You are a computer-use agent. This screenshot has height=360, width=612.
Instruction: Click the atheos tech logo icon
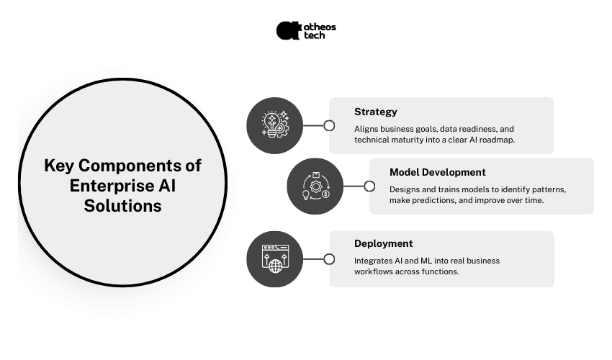tap(289, 30)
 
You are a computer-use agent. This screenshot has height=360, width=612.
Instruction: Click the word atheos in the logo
tap(320, 27)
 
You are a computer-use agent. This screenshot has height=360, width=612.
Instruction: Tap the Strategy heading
tap(375, 112)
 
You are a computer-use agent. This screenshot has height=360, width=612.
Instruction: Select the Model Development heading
tap(437, 172)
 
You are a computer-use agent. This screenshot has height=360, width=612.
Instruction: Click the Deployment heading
tap(383, 243)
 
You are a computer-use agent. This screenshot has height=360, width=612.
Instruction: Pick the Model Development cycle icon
tap(315, 186)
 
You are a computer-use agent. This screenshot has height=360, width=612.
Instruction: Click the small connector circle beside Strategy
tap(329, 125)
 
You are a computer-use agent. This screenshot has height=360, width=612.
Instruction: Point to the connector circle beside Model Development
tap(369, 186)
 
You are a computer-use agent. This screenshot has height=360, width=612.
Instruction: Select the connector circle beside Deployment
tap(329, 259)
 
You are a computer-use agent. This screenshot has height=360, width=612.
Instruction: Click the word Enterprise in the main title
tap(109, 186)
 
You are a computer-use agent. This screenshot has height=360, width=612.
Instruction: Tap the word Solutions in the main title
tap(122, 206)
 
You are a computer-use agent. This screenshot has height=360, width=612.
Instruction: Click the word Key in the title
tap(58, 166)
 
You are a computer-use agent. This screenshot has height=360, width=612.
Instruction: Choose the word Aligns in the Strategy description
tap(367, 127)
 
